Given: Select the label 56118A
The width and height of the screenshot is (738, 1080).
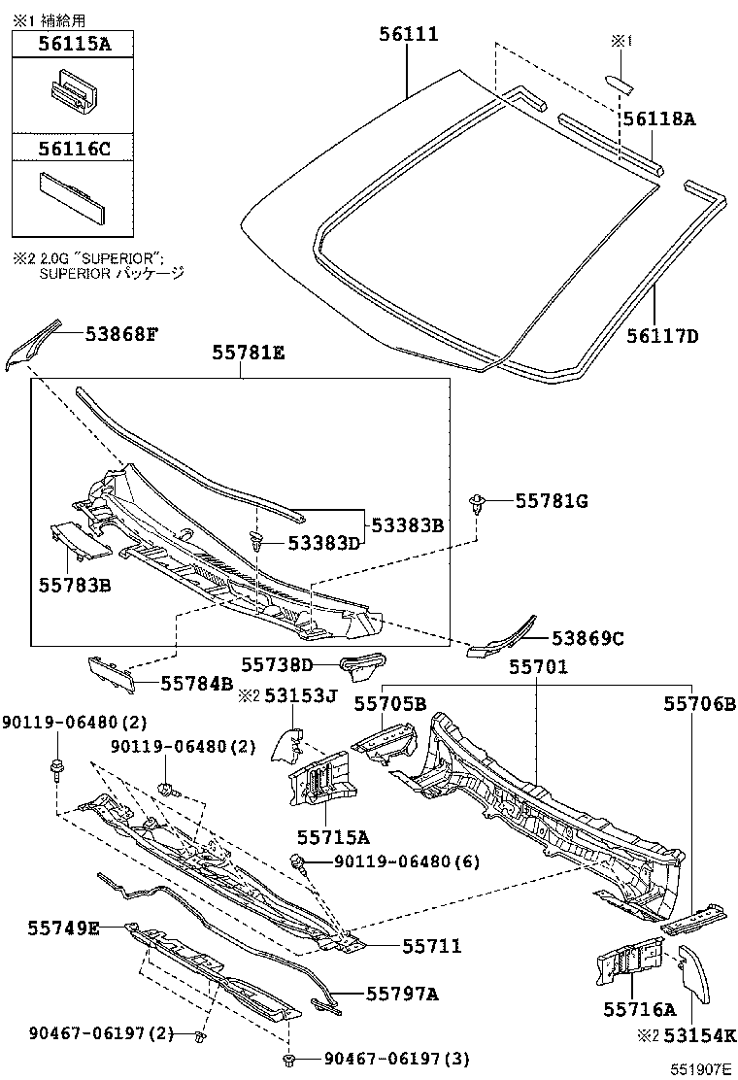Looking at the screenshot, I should coord(659,118).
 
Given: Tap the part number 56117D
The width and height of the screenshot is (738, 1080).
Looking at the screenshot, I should coord(663,337).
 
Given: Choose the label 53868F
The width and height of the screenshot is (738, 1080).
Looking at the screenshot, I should coord(119,334).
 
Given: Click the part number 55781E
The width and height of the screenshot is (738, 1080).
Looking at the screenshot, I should coord(249,355).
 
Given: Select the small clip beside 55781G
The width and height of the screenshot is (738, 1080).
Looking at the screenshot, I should coord(478,503).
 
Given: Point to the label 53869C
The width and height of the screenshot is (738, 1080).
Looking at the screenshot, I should coord(587,638).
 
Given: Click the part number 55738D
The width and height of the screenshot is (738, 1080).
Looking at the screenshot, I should coord(277,664).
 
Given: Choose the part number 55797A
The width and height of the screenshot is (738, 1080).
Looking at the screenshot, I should coord(402,993).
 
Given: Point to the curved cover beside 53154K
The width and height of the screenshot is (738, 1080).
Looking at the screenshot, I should coord(693,972).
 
